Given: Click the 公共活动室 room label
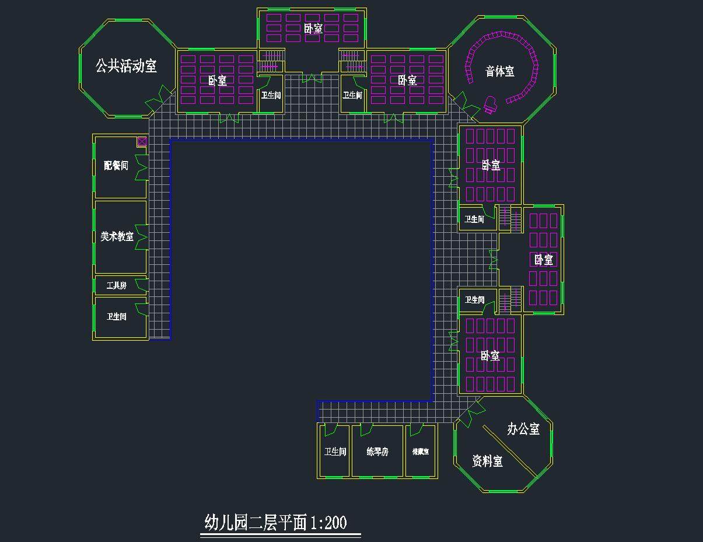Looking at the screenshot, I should pos(126,66).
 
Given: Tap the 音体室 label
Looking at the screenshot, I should pos(500,72).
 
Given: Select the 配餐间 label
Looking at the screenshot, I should pos(116,166).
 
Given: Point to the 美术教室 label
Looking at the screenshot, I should pos(117,236).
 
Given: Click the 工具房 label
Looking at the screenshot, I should pos(116,286).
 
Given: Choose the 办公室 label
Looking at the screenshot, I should pos(523,429).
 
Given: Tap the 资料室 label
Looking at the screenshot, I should pos(487,461).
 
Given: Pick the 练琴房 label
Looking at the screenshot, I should pos(377,452).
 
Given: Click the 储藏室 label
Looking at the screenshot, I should pos(420,452).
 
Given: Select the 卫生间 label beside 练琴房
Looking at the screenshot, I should pos(335,452).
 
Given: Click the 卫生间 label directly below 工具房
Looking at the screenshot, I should pos(116,317).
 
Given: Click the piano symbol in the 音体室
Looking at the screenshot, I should pos(490,106).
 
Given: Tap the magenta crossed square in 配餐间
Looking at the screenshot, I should pos(142,141).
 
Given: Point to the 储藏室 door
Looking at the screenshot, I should pos(416,430).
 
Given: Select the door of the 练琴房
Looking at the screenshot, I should pos(366,430).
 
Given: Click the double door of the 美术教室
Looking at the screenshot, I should pos(141,237).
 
